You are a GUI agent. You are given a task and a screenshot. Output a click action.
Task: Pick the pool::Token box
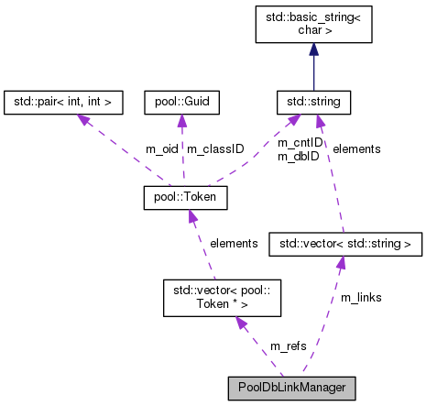click(x=185, y=197)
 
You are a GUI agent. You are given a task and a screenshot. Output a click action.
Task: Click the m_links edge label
click(x=362, y=298)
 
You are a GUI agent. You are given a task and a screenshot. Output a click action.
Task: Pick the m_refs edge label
click(x=288, y=346)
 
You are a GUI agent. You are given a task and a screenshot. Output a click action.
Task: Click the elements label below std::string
click(x=356, y=148)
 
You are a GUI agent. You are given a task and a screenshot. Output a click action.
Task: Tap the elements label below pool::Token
click(x=235, y=244)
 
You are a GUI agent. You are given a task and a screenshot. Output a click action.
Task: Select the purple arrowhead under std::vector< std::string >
click(x=340, y=263)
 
